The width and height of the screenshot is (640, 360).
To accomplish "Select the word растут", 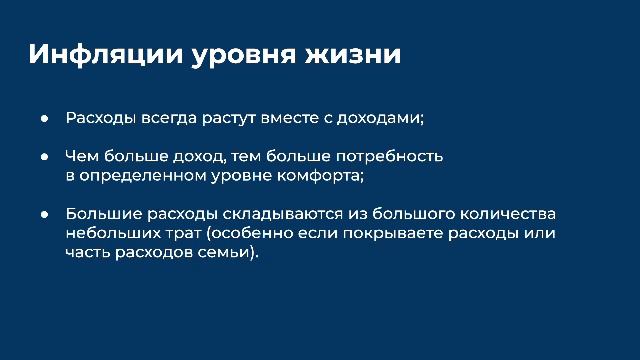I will pyautogui.click(x=240, y=119).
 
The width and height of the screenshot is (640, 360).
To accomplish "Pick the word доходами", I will pyautogui.click(x=384, y=118).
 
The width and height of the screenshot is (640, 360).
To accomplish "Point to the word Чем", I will pyautogui.click(x=82, y=156).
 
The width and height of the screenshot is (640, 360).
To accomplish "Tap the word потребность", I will pyautogui.click(x=393, y=157).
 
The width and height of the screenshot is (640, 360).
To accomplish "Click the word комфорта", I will pyautogui.click(x=299, y=176).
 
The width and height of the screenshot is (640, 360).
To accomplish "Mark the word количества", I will pyautogui.click(x=505, y=214).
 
